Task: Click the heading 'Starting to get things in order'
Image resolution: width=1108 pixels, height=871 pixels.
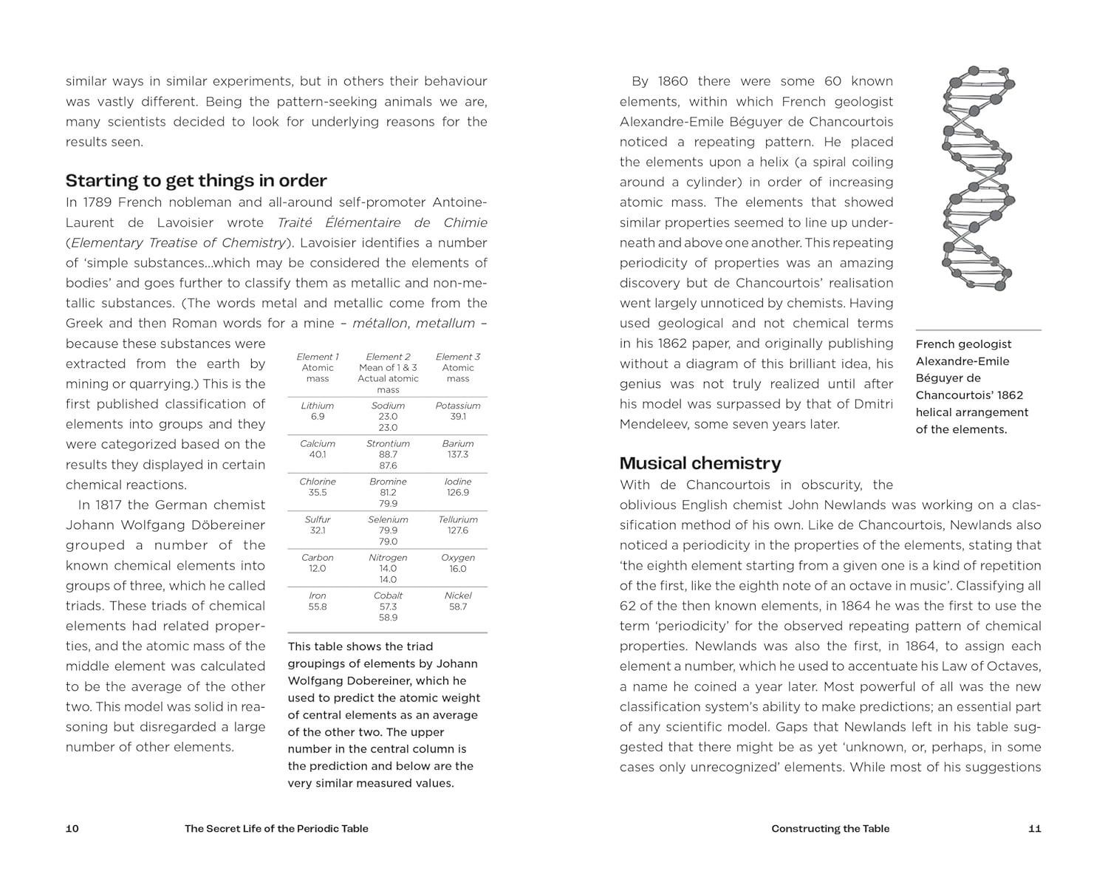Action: (196, 181)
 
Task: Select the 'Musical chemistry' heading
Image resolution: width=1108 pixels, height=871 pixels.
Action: (700, 463)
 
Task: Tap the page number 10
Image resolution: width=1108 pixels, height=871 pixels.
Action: (72, 828)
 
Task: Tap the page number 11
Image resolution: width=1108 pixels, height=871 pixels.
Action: (1035, 828)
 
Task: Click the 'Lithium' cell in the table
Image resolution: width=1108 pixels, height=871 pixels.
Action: (318, 406)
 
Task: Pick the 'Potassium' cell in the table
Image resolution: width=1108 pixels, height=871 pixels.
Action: (458, 406)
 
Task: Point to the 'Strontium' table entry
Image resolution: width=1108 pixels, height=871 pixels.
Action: (388, 443)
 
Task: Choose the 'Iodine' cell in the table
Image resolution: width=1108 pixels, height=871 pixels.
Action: (458, 482)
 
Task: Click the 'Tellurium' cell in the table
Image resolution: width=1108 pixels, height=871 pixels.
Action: (458, 519)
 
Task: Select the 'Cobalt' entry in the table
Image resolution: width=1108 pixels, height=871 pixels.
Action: (388, 595)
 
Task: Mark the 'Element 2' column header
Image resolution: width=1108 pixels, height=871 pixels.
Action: (388, 357)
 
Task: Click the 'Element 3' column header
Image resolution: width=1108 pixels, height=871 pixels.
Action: (458, 357)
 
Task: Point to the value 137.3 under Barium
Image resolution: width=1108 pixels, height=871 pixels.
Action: (458, 454)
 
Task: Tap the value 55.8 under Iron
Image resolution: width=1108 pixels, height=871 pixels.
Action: (318, 607)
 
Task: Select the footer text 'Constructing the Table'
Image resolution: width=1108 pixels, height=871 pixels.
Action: (830, 828)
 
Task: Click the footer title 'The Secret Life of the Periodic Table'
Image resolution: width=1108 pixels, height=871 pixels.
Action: (276, 828)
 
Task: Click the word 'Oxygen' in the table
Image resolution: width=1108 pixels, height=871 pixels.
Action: (458, 558)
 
